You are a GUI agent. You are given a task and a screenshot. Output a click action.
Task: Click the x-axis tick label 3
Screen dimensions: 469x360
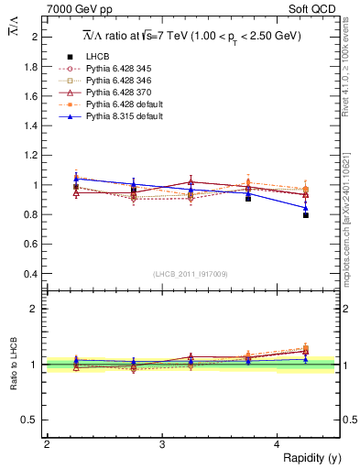(162, 444)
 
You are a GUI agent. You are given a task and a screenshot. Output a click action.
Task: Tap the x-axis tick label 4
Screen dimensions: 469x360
(278, 444)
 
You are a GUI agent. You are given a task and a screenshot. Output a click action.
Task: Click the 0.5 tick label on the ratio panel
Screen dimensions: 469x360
(30, 420)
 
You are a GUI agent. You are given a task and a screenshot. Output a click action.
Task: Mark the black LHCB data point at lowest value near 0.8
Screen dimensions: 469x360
(306, 215)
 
